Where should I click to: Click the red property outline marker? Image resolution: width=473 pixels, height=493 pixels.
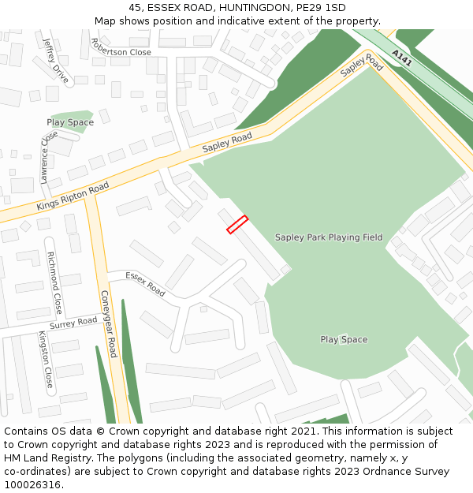point(237,225)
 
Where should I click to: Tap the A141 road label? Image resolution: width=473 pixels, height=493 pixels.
point(401,58)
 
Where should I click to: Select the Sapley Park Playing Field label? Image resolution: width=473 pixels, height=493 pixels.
point(329,237)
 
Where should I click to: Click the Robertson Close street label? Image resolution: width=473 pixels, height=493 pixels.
point(121,47)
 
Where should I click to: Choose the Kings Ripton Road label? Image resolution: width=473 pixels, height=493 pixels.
point(73,196)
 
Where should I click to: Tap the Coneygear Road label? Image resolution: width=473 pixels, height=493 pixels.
point(108,323)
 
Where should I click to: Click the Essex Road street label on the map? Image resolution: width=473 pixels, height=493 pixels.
point(145,284)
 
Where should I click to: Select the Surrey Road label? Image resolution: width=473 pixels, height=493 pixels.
point(73,323)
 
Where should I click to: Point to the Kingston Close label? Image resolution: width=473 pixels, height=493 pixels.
point(46,360)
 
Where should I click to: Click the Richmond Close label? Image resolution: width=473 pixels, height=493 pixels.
point(54,282)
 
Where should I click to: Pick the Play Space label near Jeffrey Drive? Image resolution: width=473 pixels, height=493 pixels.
point(70,122)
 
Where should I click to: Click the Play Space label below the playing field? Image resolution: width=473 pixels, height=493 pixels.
point(344,339)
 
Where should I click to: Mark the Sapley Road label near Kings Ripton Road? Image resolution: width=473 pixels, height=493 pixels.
point(227,143)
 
